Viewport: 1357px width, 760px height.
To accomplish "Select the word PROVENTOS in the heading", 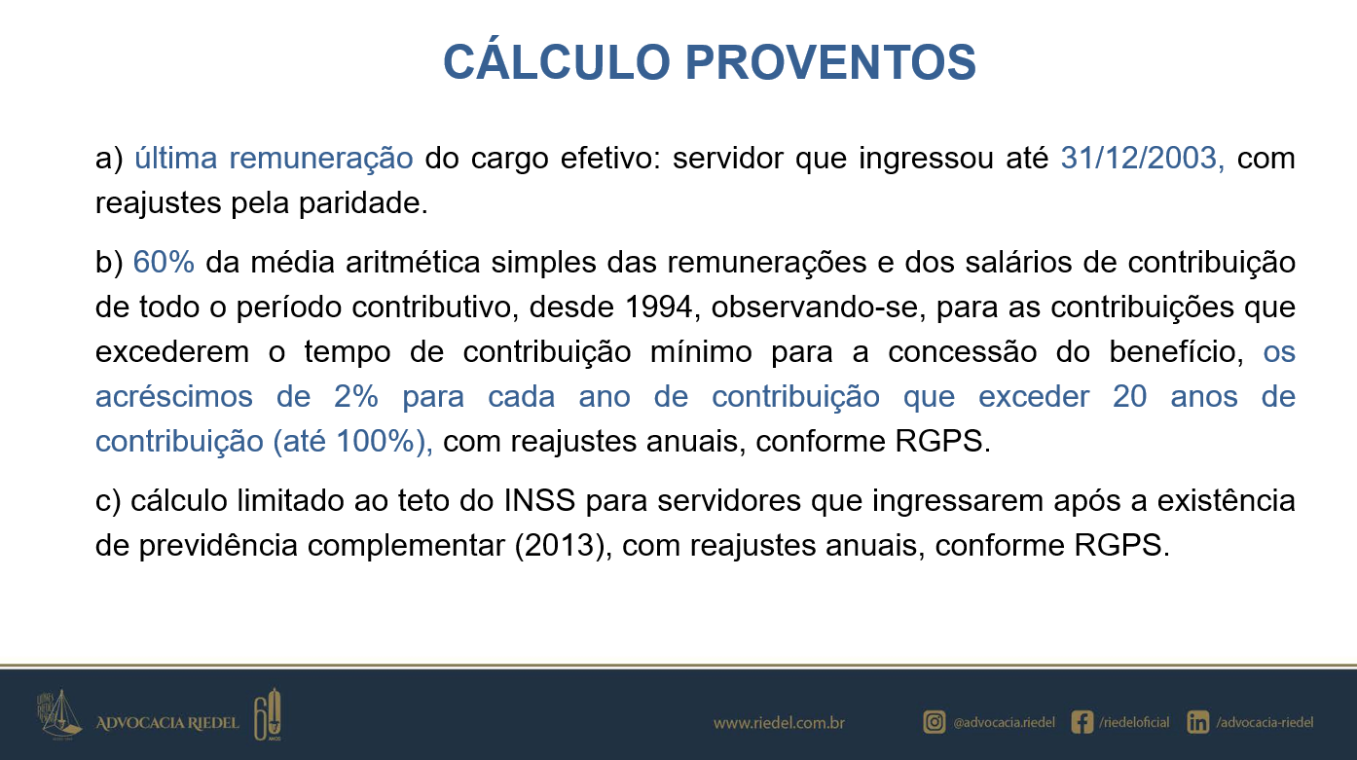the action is (x=831, y=61).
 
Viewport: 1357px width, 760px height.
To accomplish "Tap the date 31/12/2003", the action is (x=1139, y=158).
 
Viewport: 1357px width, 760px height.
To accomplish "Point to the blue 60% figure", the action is (x=164, y=263).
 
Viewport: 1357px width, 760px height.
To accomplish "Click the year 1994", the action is (x=658, y=308).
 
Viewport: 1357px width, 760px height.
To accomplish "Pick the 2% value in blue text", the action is (x=356, y=397).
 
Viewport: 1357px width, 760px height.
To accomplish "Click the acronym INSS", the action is (x=539, y=501).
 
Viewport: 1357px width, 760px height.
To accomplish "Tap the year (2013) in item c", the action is (x=560, y=546).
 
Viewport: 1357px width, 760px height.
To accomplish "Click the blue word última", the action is (x=175, y=158).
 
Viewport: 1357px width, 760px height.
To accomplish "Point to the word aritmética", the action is (x=413, y=263).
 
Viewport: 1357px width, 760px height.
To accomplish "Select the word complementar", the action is (x=406, y=546).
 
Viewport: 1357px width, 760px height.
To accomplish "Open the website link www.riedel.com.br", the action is (x=779, y=723).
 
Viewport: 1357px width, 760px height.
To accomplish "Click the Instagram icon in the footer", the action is (x=935, y=722).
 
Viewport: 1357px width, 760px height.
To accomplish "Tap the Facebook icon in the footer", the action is (x=1082, y=722).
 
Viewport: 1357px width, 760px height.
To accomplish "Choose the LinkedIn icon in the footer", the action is (x=1198, y=722).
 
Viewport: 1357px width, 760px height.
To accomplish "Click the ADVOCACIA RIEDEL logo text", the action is (x=167, y=723).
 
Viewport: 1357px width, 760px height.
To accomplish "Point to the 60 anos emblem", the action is (x=268, y=714).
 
